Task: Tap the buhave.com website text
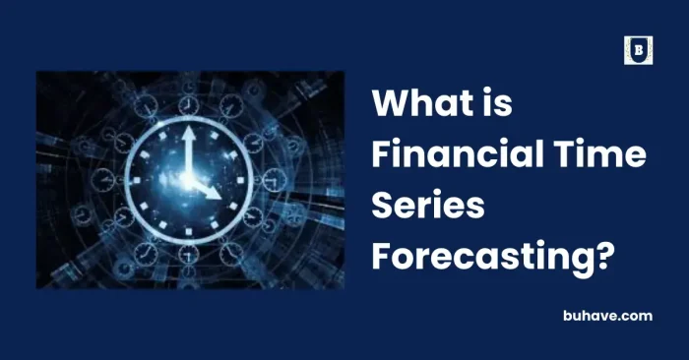point(608,315)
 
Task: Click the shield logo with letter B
point(638,50)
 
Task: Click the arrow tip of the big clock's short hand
point(219,199)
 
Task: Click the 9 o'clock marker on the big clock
point(142,181)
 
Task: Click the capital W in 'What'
point(390,103)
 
